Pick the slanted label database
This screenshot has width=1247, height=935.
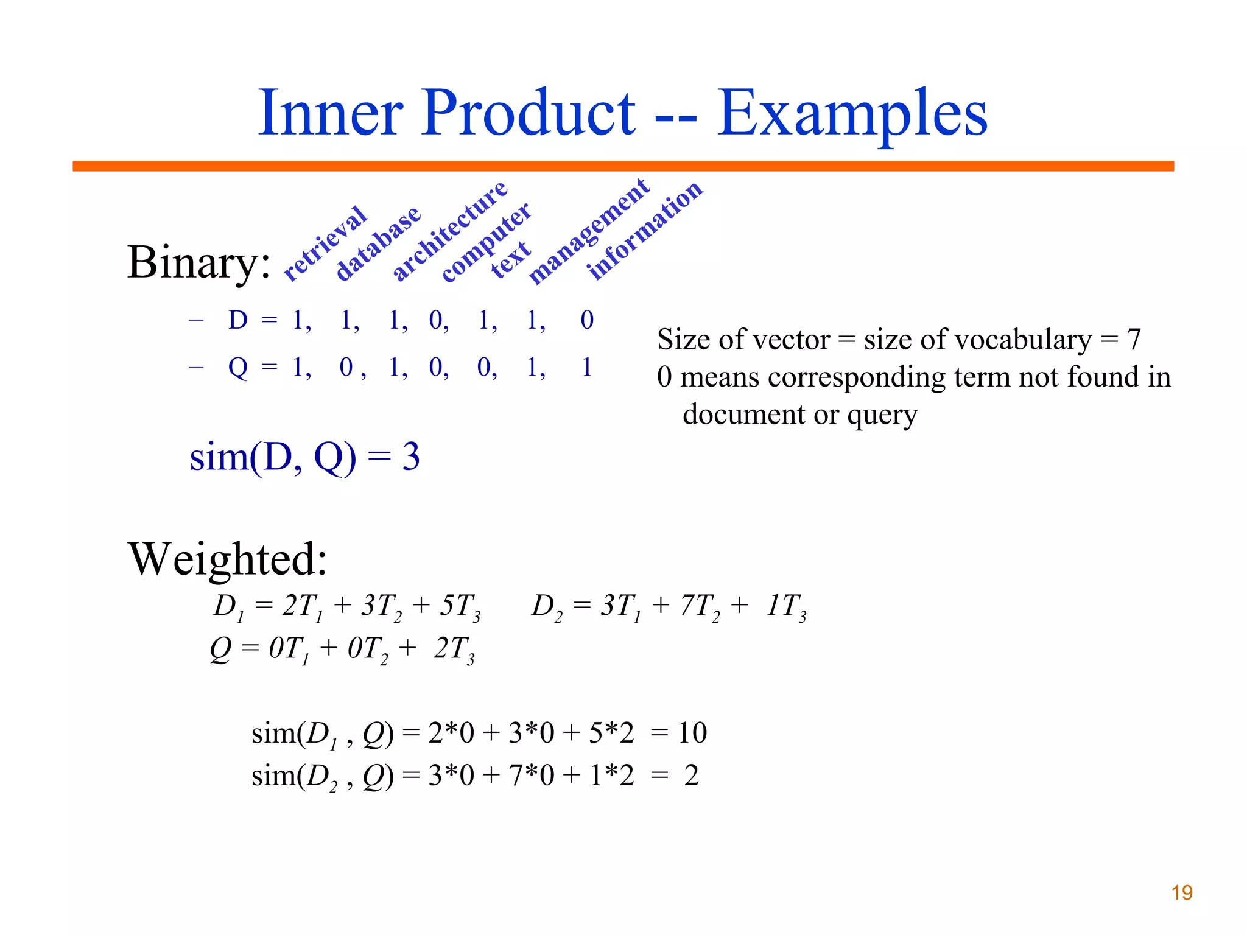pyautogui.click(x=378, y=243)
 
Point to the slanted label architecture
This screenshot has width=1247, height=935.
pyautogui.click(x=449, y=231)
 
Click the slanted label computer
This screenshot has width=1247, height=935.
pyautogui.click(x=486, y=243)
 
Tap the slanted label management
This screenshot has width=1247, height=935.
pyautogui.click(x=589, y=231)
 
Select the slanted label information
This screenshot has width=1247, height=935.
pyautogui.click(x=645, y=231)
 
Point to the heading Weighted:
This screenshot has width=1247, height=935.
pyautogui.click(x=228, y=559)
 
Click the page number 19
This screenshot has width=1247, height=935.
pyautogui.click(x=1181, y=893)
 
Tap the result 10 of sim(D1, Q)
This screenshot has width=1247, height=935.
pyautogui.click(x=692, y=732)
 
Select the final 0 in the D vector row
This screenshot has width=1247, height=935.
pyautogui.click(x=587, y=320)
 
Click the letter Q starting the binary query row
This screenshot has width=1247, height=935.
pyautogui.click(x=238, y=367)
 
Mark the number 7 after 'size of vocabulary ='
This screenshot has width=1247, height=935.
pyautogui.click(x=1133, y=339)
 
